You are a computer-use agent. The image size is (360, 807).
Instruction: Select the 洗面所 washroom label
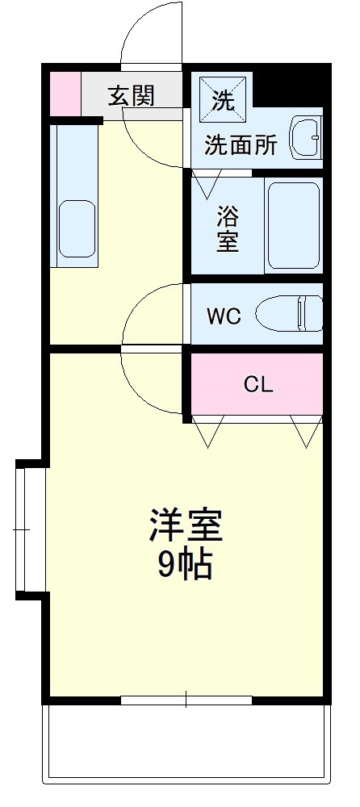[241, 145]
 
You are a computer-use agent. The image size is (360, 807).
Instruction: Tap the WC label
[224, 316]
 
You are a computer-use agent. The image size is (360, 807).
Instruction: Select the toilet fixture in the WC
[291, 313]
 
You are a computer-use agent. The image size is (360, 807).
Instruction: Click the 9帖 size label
[185, 566]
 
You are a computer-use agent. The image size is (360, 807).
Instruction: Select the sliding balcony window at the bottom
[186, 699]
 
